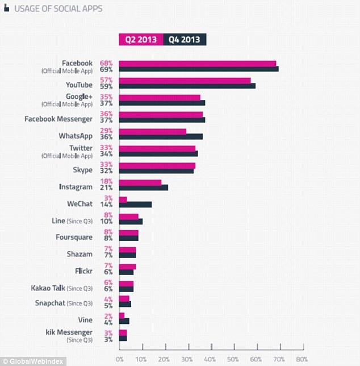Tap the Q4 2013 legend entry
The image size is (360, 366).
184,39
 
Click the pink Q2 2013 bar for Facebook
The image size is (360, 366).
198,64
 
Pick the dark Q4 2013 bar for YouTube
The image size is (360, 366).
187,86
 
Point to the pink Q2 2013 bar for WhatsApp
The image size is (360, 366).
153,131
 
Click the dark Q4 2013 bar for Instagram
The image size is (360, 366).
144,187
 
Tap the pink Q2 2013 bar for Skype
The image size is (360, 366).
157,165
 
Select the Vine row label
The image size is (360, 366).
85,320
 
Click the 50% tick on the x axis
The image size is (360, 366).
233,359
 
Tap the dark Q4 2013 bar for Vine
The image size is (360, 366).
124,321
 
